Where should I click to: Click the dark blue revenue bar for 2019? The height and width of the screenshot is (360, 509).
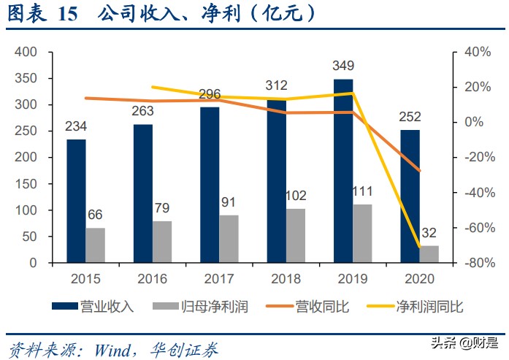pyautogui.click(x=343, y=171)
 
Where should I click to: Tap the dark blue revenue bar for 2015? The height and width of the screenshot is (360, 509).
pyautogui.click(x=76, y=201)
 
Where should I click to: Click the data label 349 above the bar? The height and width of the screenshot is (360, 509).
pyautogui.click(x=343, y=69)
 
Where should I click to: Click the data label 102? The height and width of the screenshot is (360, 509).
pyautogui.click(x=296, y=196)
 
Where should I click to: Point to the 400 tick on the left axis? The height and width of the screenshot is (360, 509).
pyautogui.click(x=26, y=53)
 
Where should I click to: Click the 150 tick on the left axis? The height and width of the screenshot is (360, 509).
pyautogui.click(x=26, y=184)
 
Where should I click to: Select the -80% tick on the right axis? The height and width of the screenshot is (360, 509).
pyautogui.click(x=469, y=263)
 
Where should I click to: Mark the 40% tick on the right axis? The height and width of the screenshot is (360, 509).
pyautogui.click(x=467, y=53)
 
